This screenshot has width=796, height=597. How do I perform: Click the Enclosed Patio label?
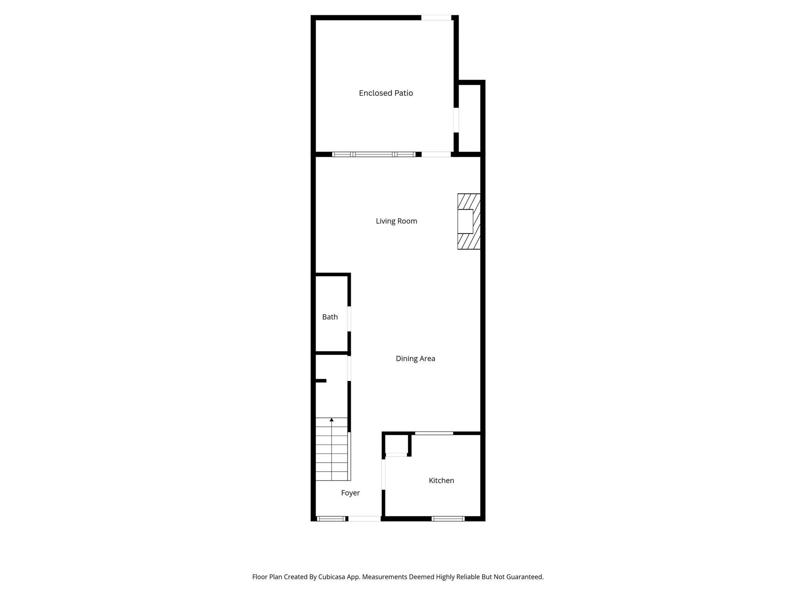pos(386,93)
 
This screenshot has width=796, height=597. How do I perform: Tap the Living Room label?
pos(396,221)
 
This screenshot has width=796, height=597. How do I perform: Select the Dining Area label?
pos(415,359)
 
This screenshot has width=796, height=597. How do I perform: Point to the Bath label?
pos(330,317)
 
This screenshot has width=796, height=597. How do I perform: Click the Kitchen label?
pos(441,481)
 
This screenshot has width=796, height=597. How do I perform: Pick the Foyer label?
pos(350,493)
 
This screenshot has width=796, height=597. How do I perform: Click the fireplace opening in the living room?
pos(465,222)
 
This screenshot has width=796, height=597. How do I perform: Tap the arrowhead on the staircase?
pos(332,420)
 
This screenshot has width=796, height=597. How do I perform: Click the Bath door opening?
pos(349,319)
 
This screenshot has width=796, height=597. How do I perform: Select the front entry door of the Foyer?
pos(364,518)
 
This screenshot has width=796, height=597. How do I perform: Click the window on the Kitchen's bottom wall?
pos(448,518)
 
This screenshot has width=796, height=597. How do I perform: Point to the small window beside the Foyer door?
pos(331,518)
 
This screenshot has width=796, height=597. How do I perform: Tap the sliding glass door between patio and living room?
pos(374,154)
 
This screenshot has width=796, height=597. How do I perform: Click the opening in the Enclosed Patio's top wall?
pos(436,17)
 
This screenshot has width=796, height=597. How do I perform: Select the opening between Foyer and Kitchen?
pos(383,474)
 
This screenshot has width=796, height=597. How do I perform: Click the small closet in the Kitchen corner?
pos(396,444)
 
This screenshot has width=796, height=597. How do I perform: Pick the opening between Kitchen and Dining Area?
pos(434,433)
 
